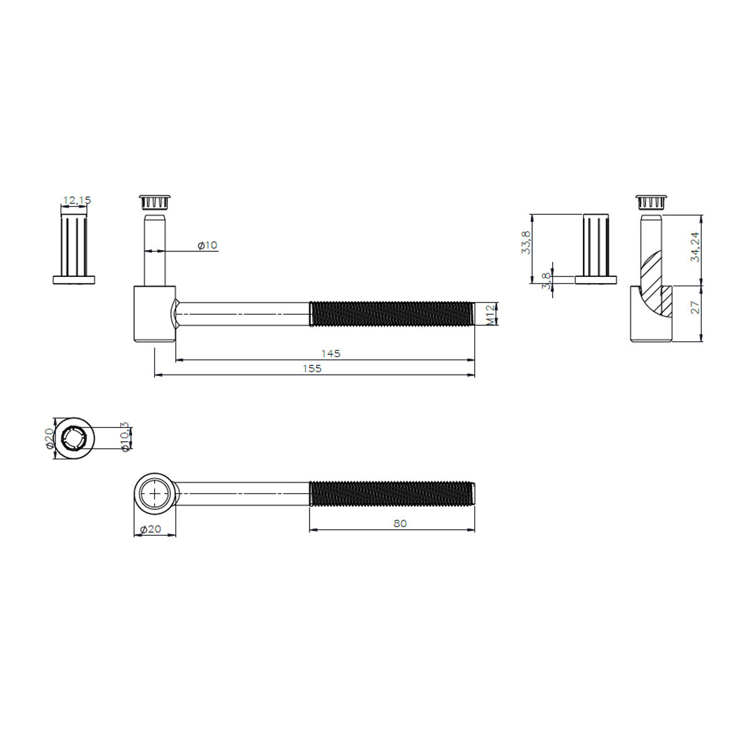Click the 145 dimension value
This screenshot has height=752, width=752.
pos(330,353)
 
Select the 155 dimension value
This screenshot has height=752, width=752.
pos(312,368)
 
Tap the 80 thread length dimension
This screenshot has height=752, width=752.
pos(400,523)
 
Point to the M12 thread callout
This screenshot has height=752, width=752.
pos(491,315)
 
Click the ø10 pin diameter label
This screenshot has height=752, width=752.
pos(207,245)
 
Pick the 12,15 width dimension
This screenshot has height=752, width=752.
pos(77,200)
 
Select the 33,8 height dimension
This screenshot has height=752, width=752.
pos(526,243)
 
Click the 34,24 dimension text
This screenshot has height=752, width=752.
pos(695,247)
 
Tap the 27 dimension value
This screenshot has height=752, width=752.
pos(695,308)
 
